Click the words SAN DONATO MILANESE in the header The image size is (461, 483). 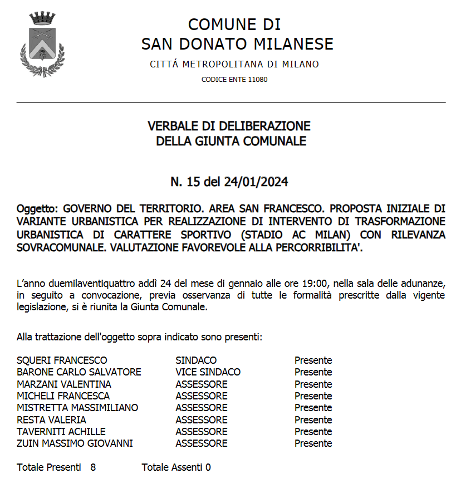pyautogui.click(x=237, y=43)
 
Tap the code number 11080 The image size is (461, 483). pyautogui.click(x=258, y=80)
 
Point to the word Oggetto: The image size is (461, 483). pyautogui.click(x=37, y=209)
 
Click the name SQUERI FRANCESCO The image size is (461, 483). pyautogui.click(x=62, y=360)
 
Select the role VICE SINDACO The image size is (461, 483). pyautogui.click(x=208, y=372)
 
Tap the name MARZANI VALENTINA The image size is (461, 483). pyautogui.click(x=64, y=384)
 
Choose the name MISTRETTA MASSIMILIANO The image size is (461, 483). pyautogui.click(x=77, y=408)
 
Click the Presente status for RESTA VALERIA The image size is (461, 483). pyautogui.click(x=313, y=420)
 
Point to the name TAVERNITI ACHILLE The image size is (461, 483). pyautogui.click(x=61, y=432)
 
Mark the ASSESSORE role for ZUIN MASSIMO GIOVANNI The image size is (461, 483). pyautogui.click(x=202, y=444)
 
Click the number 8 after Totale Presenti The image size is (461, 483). pyautogui.click(x=93, y=467)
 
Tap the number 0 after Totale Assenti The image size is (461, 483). pyautogui.click(x=208, y=467)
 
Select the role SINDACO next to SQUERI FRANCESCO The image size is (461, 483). pyautogui.click(x=196, y=360)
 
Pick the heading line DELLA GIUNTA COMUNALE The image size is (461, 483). pyautogui.click(x=230, y=142)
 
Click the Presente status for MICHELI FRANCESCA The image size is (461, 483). pyautogui.click(x=313, y=396)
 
